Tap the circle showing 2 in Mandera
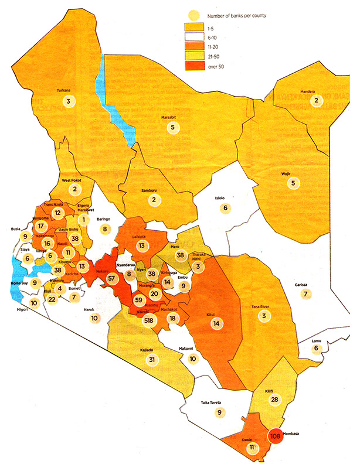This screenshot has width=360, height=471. (317, 101)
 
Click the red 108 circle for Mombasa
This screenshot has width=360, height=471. (277, 436)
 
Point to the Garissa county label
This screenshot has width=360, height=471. (303, 285)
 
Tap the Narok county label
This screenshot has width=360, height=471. (89, 309)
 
